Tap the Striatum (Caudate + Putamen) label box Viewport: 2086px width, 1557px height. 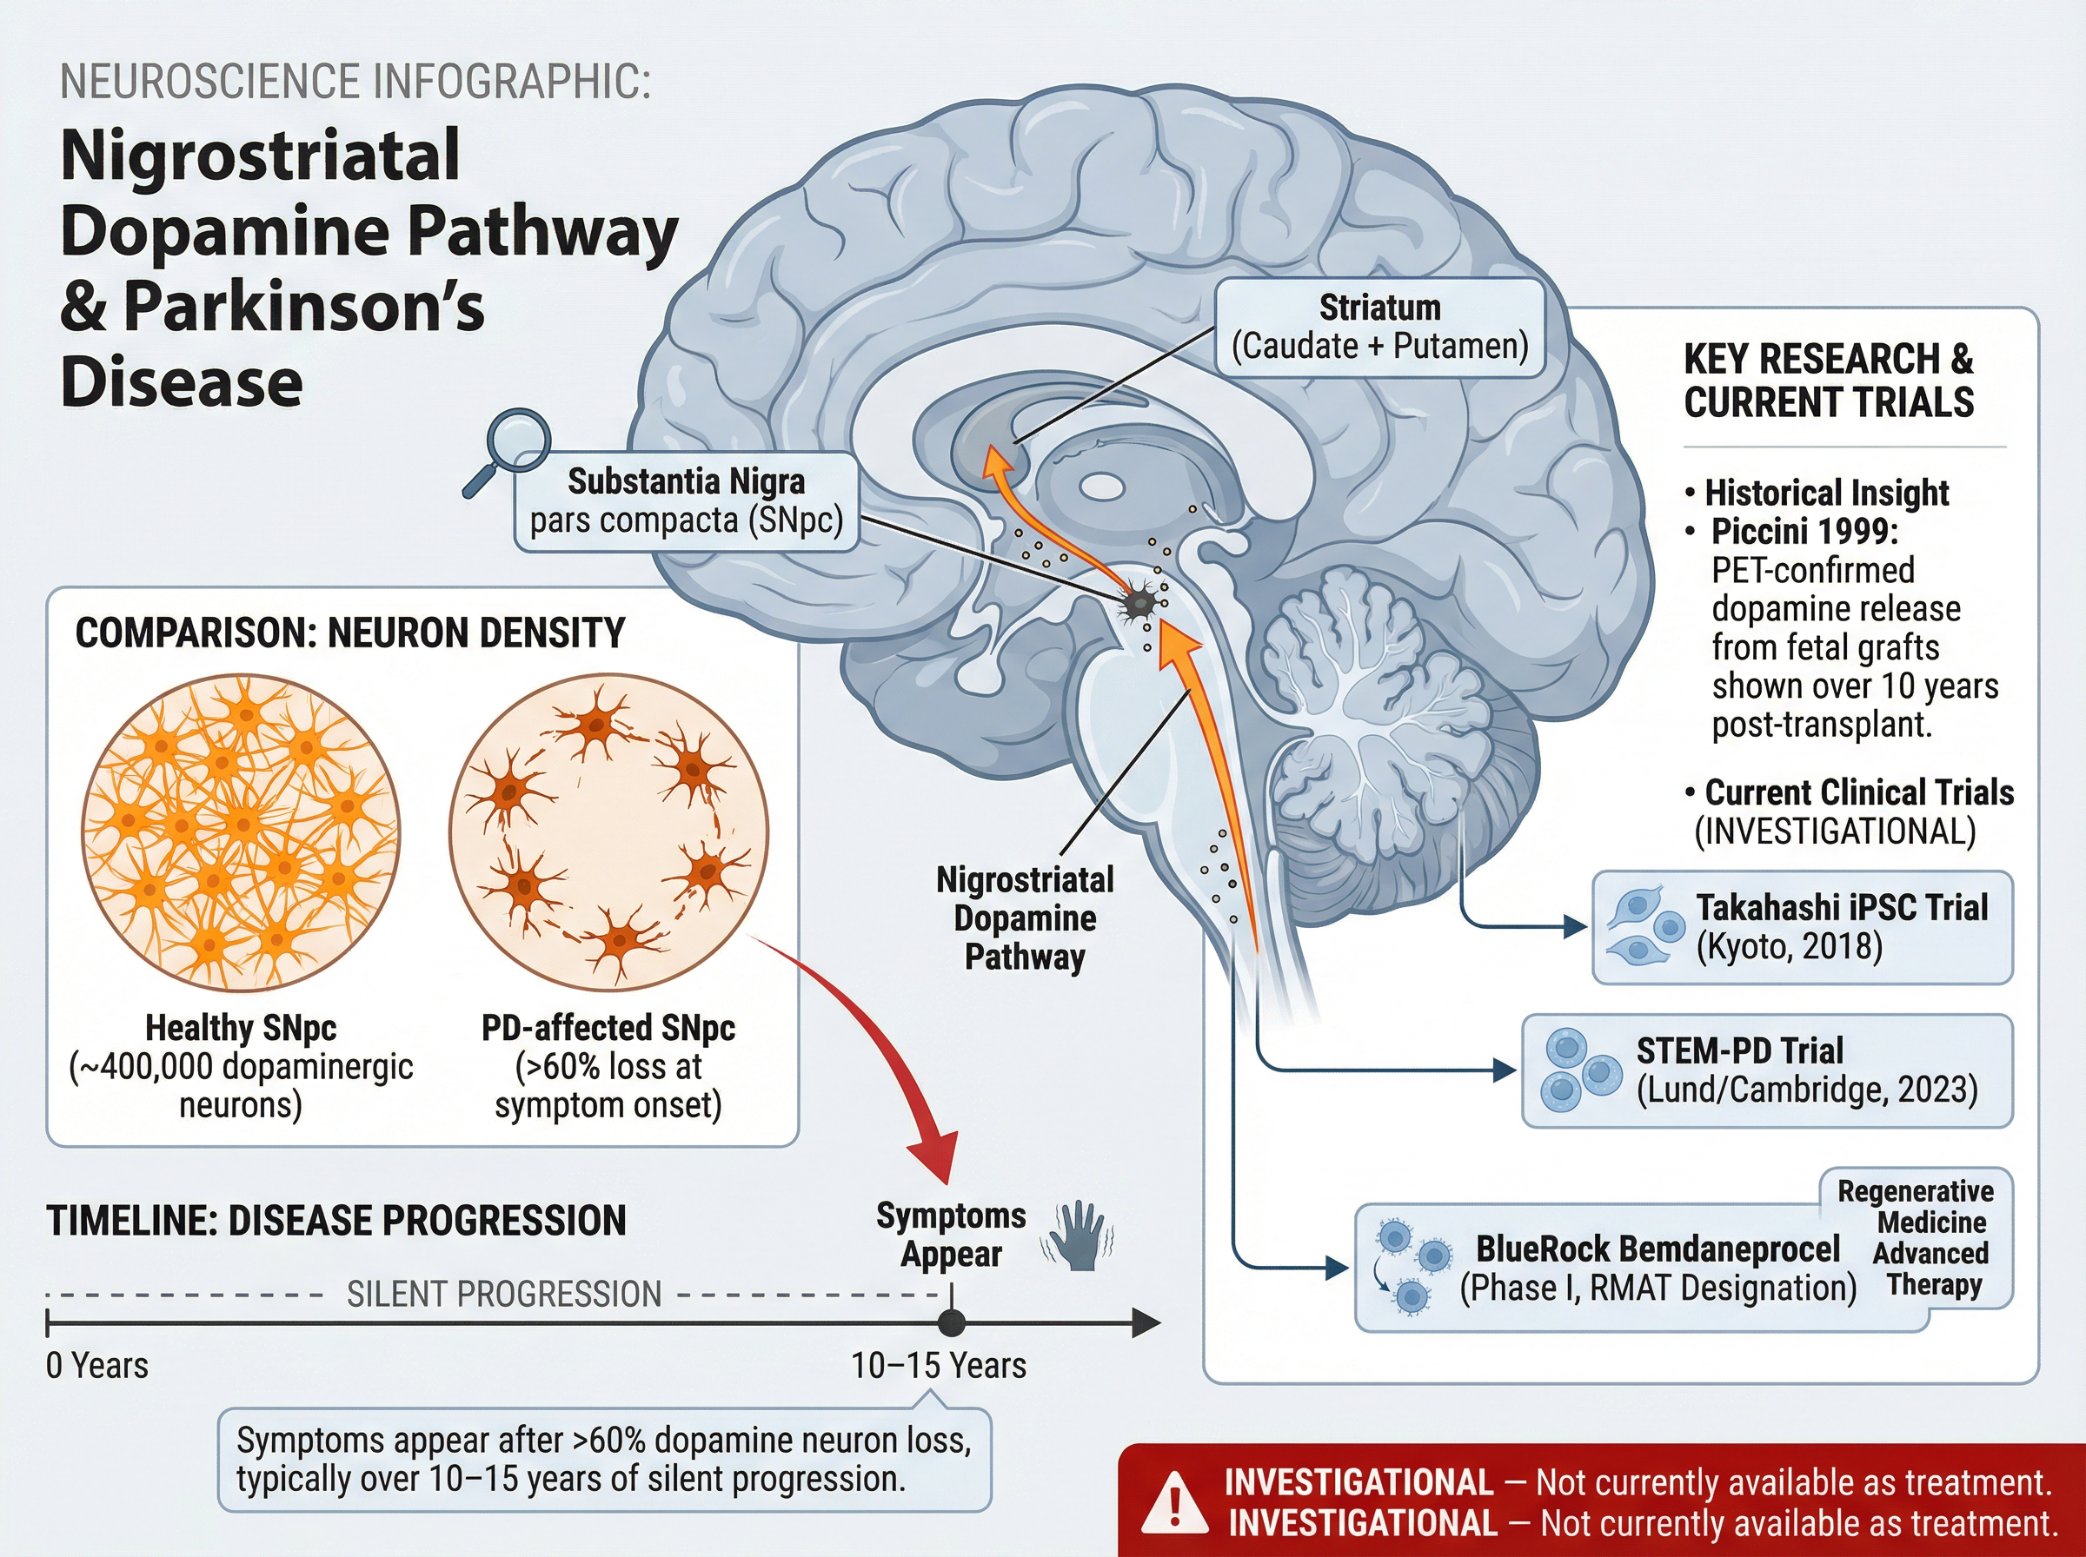[x=1379, y=327]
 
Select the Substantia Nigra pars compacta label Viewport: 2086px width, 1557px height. [x=687, y=501]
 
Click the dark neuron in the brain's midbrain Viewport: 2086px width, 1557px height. [x=1139, y=602]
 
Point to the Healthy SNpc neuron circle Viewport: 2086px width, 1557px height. [x=241, y=832]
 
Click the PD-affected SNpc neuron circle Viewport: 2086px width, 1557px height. [x=609, y=832]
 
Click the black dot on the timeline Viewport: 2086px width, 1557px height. [x=951, y=1323]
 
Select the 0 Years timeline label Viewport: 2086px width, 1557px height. [x=97, y=1366]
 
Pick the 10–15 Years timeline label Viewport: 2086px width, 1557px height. [x=938, y=1366]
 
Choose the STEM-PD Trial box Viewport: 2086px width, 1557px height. [x=1766, y=1070]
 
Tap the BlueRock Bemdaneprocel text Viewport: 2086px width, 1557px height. [x=1658, y=1249]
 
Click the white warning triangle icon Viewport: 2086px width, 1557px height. [x=1173, y=1503]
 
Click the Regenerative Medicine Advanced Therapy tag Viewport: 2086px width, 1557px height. [x=1931, y=1238]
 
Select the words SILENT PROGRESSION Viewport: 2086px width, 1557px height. [x=503, y=1295]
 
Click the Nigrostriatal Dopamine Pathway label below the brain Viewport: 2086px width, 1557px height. [x=1025, y=918]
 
